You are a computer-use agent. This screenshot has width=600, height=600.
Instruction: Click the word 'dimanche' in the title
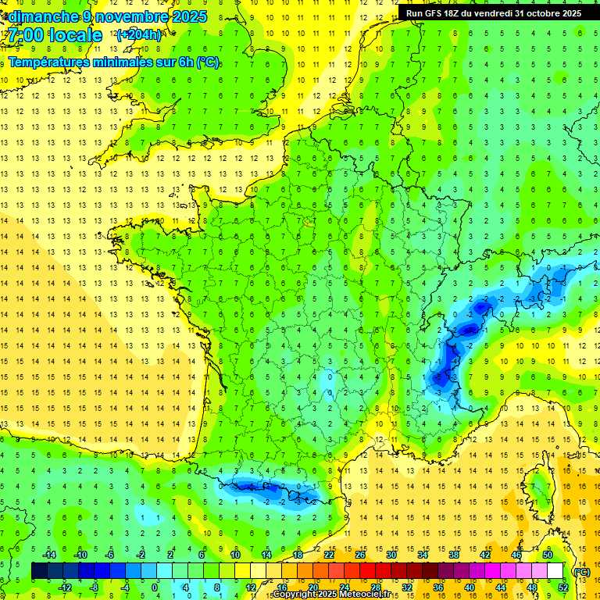pyautogui.click(x=43, y=16)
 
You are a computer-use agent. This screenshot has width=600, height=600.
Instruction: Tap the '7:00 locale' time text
pyautogui.click(x=55, y=35)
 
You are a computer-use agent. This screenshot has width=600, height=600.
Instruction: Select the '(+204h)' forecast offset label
pyautogui.click(x=139, y=34)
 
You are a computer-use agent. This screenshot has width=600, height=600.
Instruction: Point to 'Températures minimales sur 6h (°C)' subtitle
pyautogui.click(x=114, y=62)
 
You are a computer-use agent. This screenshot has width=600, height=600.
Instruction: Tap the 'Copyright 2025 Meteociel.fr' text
pyautogui.click(x=337, y=595)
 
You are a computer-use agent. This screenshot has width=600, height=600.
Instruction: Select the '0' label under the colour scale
pyautogui.click(x=155, y=587)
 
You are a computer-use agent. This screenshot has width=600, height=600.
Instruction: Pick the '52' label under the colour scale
pyautogui.click(x=562, y=587)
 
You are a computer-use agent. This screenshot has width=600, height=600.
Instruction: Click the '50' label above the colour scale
pyautogui.click(x=547, y=554)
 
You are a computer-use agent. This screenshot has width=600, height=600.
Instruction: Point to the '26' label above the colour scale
pyautogui.click(x=359, y=554)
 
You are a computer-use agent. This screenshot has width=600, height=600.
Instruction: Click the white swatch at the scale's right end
pyautogui.click(x=555, y=571)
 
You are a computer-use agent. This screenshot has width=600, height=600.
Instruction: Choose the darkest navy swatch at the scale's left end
pyautogui.click(x=39, y=571)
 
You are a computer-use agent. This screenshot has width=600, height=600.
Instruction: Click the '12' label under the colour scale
pyautogui.click(x=250, y=587)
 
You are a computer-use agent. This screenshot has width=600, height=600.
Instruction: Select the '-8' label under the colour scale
pyautogui.click(x=95, y=587)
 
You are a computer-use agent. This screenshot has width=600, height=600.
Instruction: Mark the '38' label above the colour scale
pyautogui.click(x=453, y=554)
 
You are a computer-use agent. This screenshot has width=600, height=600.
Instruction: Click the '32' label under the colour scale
pyautogui.click(x=406, y=587)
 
